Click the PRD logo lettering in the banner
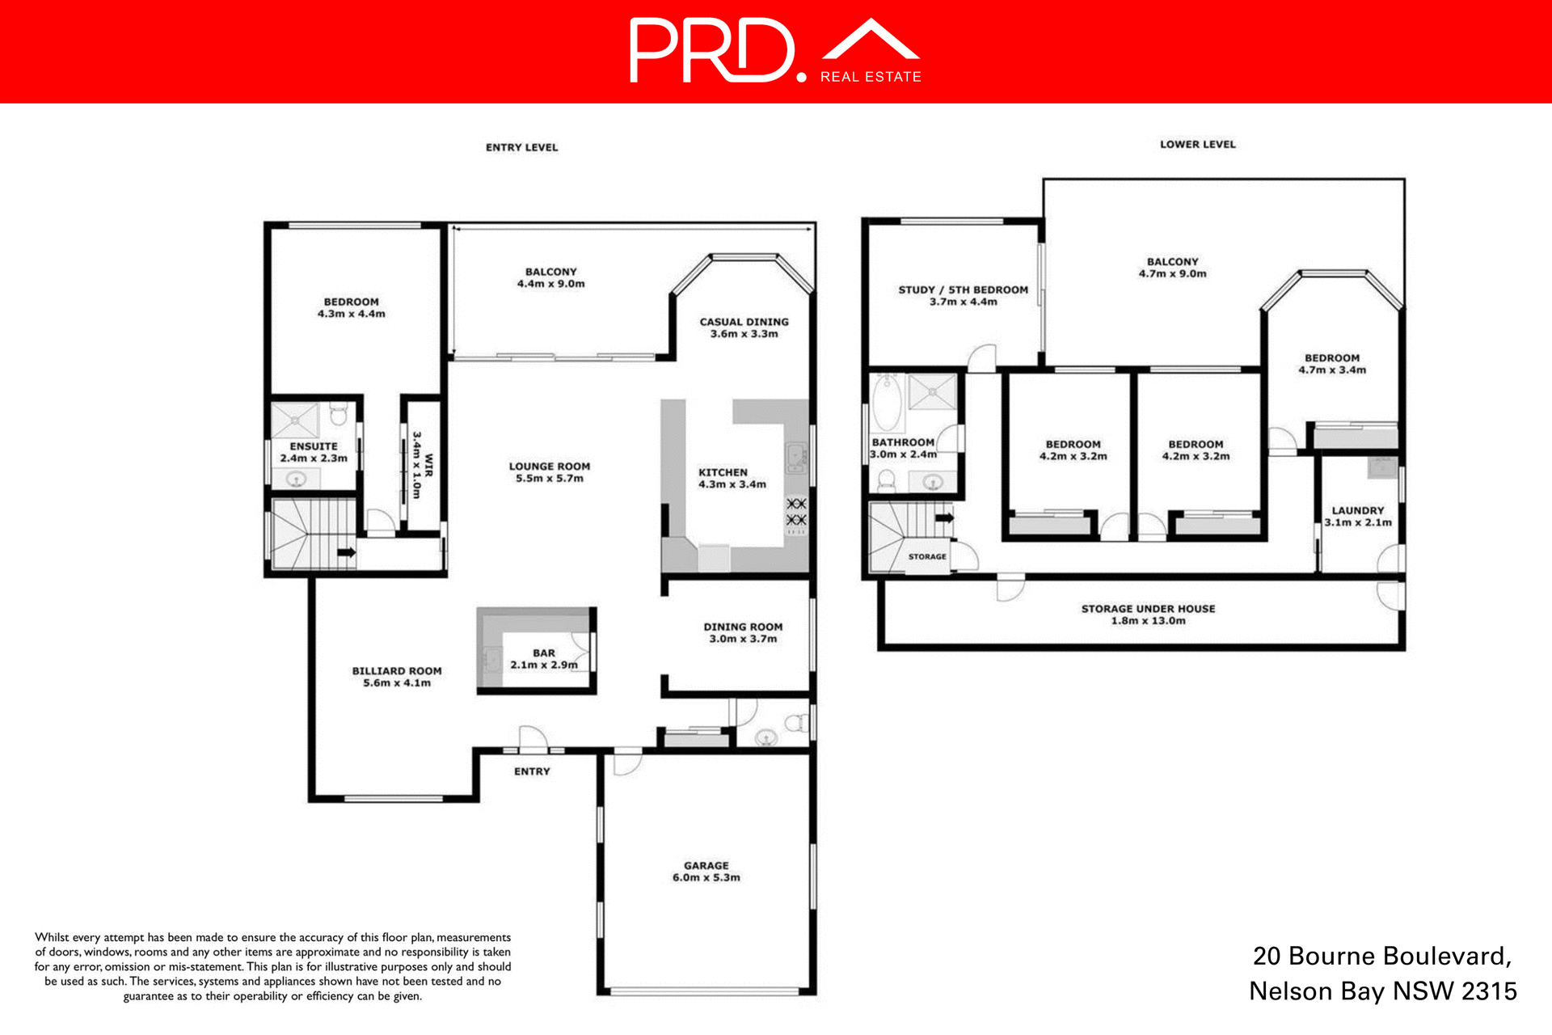(x=711, y=51)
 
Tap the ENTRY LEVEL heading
(x=521, y=147)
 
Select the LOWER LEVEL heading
(x=1197, y=144)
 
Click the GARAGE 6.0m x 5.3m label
(x=706, y=871)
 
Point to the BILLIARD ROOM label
(x=396, y=676)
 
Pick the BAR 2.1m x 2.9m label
(x=543, y=658)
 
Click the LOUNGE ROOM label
(x=549, y=471)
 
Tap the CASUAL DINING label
(x=744, y=327)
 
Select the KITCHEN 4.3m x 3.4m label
(x=732, y=478)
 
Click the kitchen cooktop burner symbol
(x=796, y=512)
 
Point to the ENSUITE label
(x=314, y=451)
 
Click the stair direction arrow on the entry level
(x=346, y=552)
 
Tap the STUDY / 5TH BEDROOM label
(x=963, y=295)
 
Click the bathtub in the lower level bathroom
(x=887, y=402)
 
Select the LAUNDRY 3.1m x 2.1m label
(x=1357, y=516)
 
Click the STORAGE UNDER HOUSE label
(x=1148, y=614)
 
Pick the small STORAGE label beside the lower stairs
(x=926, y=556)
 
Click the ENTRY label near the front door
(x=531, y=771)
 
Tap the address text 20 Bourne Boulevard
(x=1381, y=956)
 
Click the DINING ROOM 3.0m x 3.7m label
(x=743, y=632)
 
